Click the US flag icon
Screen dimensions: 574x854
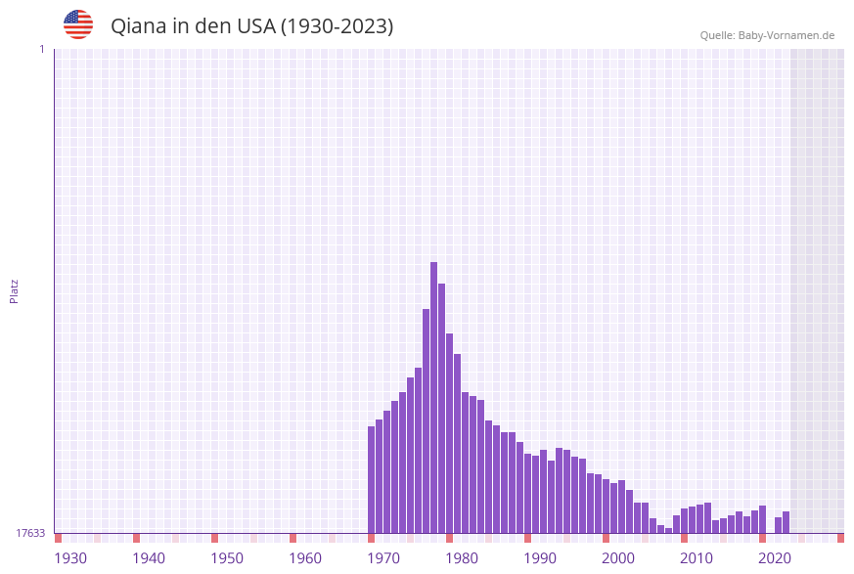point(78,24)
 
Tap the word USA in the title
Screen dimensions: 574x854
point(255,26)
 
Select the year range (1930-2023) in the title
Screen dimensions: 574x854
point(337,26)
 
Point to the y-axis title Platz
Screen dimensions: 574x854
point(15,290)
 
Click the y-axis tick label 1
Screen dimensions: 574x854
point(41,49)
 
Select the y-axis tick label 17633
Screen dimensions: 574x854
point(30,533)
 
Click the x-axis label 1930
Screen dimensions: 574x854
point(70,558)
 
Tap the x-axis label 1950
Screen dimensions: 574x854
point(227,558)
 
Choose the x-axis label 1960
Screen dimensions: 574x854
point(305,558)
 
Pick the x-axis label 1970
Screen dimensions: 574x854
point(383,558)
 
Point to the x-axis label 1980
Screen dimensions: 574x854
point(462,558)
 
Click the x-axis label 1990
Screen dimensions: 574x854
point(540,558)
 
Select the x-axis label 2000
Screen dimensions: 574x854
point(618,558)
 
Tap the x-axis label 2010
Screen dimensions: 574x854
point(697,558)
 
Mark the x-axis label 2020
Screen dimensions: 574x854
point(775,558)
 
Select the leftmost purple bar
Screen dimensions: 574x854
point(372,479)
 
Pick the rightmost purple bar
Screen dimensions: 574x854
point(786,522)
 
